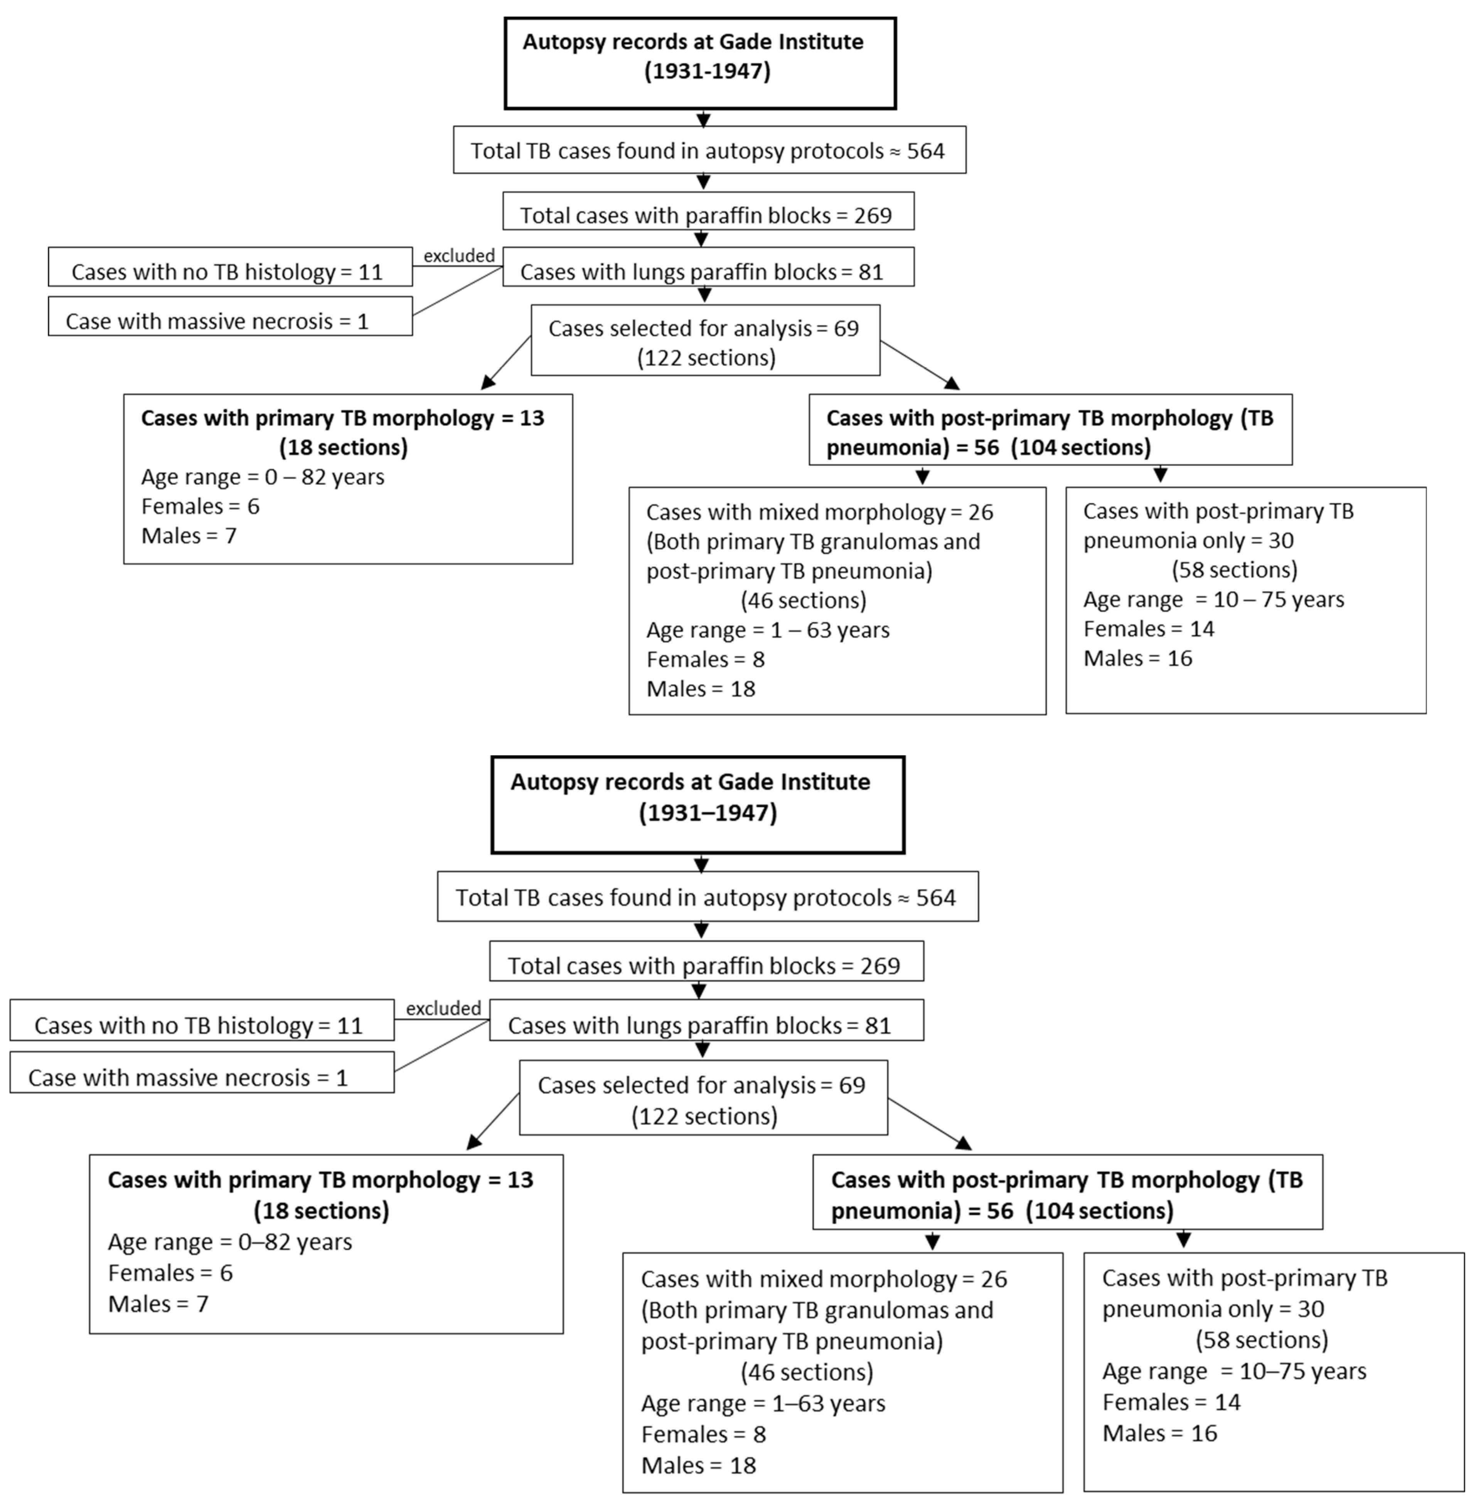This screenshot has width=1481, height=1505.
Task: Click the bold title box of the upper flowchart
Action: pos(700,63)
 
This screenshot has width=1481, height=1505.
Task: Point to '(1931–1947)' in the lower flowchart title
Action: pos(708,813)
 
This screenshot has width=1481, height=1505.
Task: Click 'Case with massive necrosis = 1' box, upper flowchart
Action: pos(230,316)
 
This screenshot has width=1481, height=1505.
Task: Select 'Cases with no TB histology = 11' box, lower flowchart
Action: pos(201,1020)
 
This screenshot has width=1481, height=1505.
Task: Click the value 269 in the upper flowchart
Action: pos(873,215)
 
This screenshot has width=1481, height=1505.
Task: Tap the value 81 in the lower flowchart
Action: pos(878,1025)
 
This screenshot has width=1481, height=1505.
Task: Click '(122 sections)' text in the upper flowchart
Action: pos(706,358)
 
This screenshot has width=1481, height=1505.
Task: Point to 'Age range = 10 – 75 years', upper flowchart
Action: pos(1213,600)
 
